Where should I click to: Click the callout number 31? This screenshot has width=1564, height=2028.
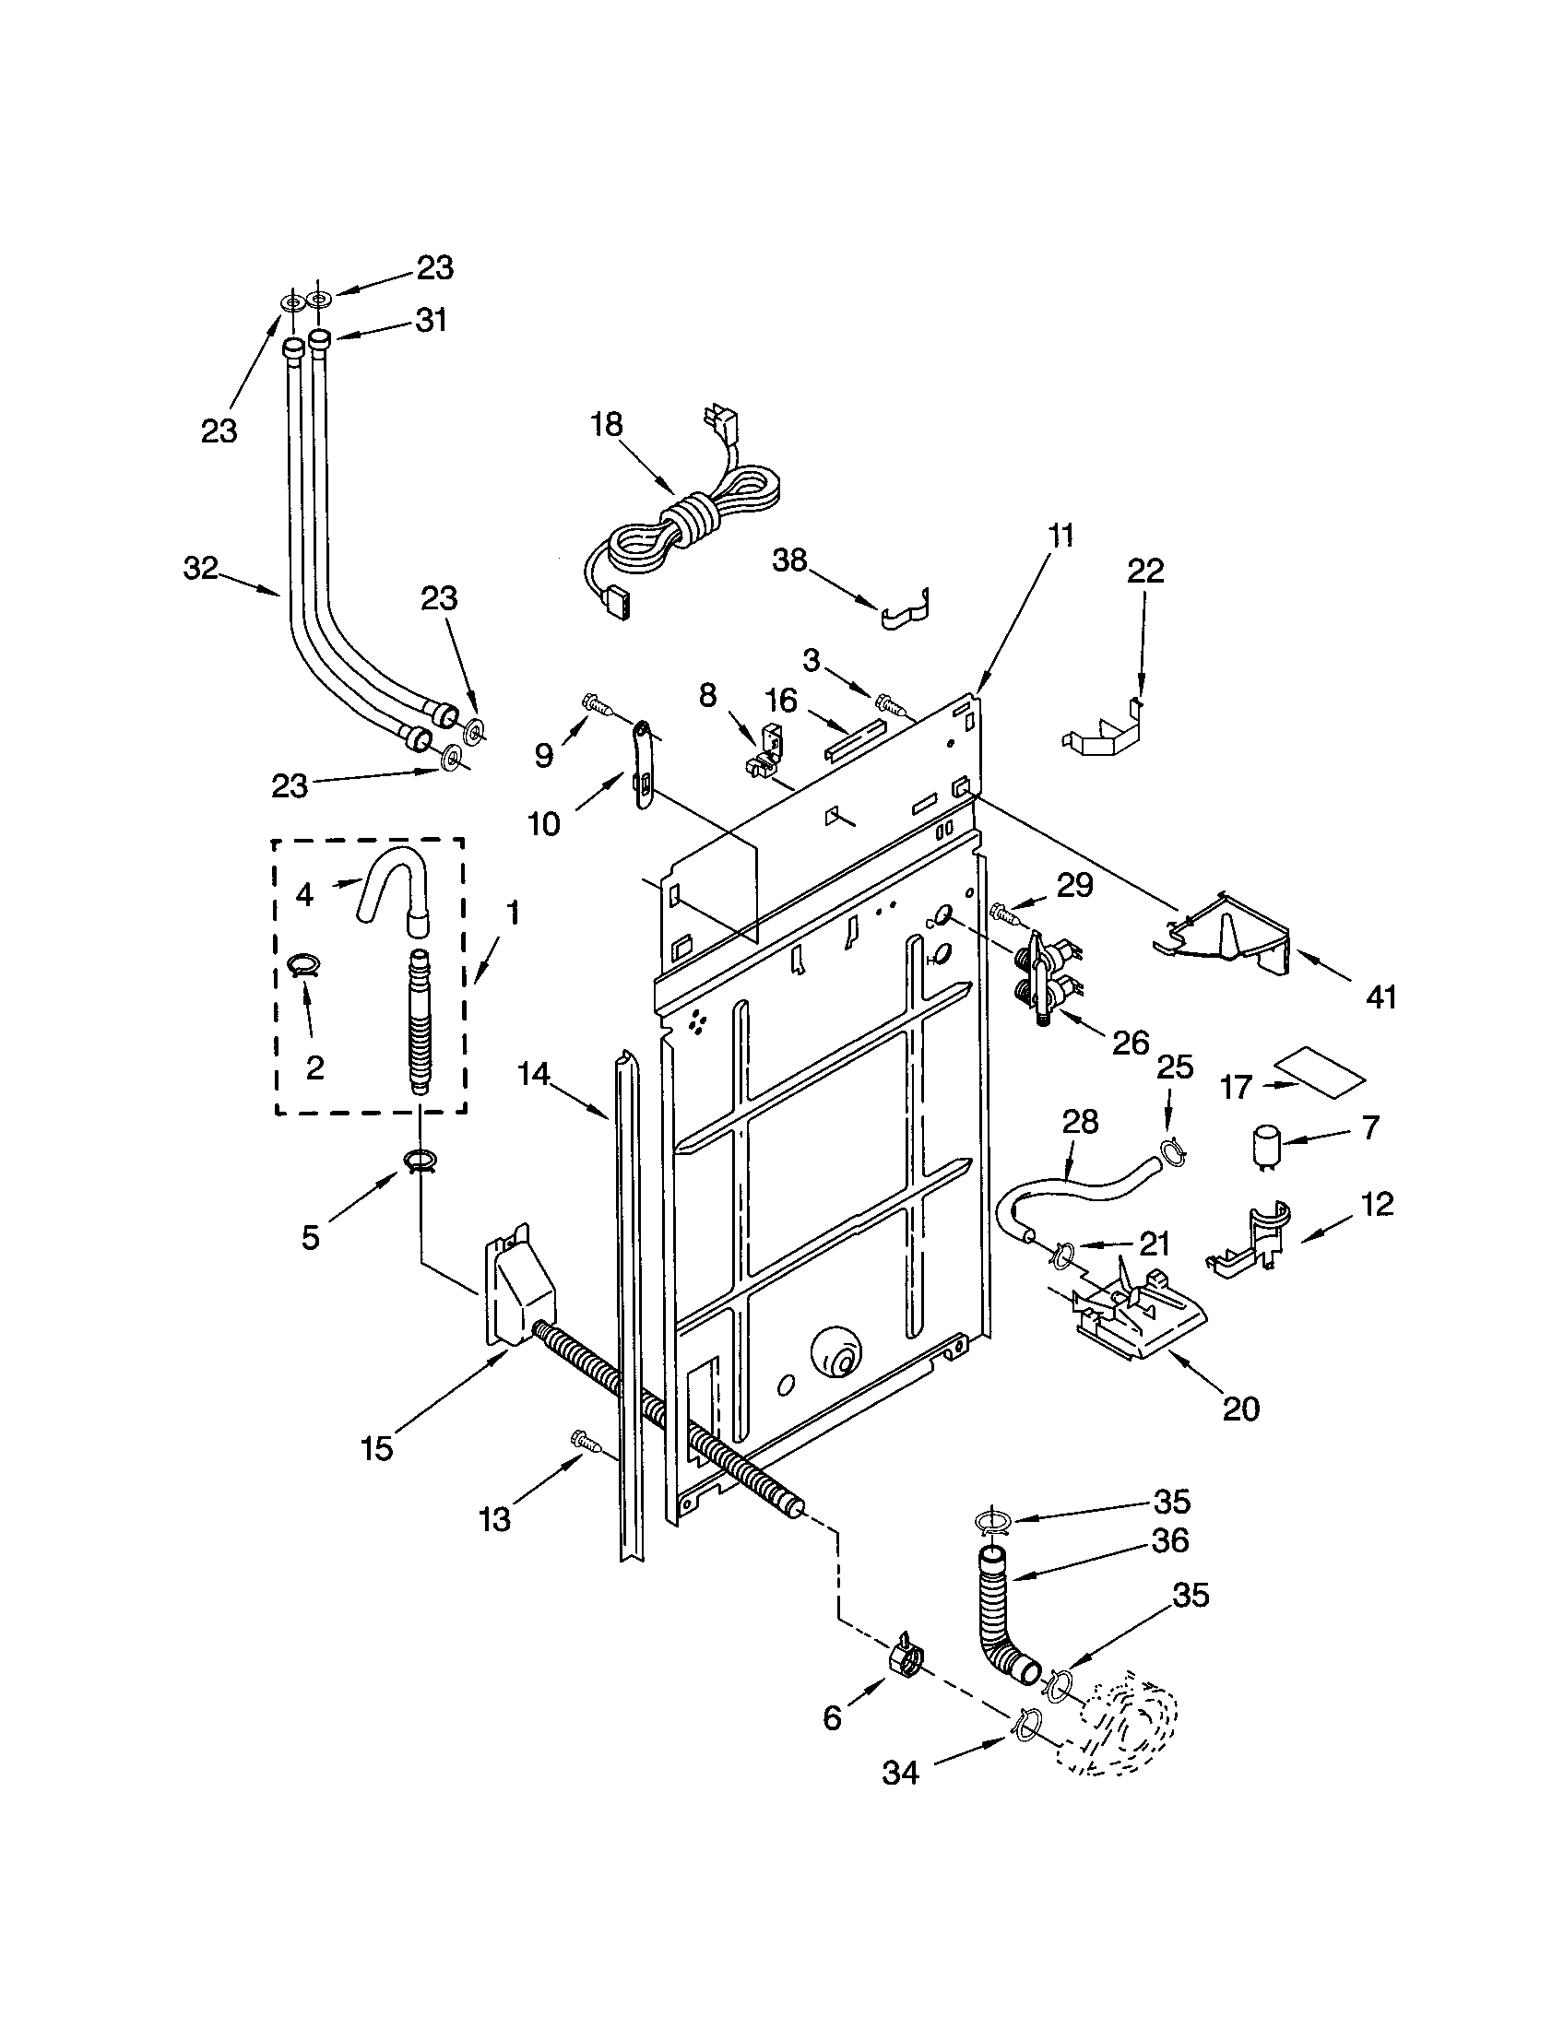[430, 321]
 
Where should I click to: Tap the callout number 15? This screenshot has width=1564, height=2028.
[377, 1448]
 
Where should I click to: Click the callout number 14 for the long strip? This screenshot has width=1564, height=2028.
[534, 1074]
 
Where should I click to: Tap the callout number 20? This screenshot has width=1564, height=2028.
[1241, 1409]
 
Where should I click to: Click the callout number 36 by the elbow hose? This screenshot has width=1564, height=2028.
[1169, 1540]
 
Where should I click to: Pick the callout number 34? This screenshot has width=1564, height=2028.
[900, 1773]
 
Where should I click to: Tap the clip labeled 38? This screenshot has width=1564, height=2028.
[906, 608]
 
